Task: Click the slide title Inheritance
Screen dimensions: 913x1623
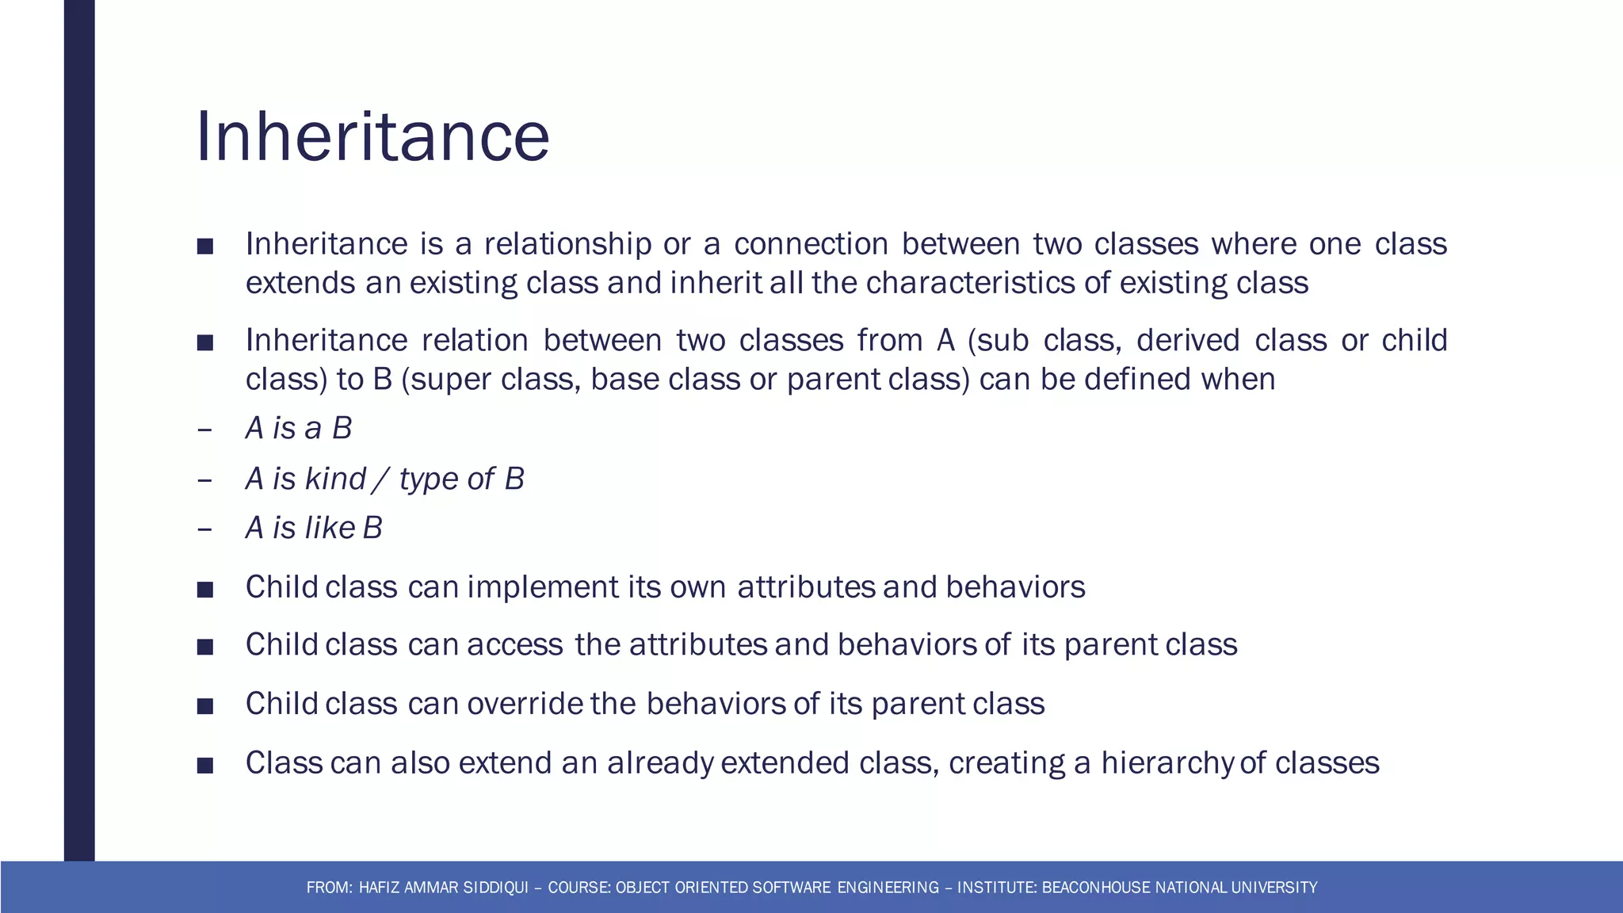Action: click(x=372, y=137)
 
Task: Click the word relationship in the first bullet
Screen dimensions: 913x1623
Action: click(x=568, y=244)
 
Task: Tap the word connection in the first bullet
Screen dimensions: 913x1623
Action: click(x=811, y=244)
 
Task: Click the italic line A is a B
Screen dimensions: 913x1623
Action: click(x=298, y=429)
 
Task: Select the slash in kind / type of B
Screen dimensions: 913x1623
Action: click(x=382, y=479)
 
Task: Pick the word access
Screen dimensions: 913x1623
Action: click(x=515, y=644)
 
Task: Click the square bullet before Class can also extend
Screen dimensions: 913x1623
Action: click(x=205, y=765)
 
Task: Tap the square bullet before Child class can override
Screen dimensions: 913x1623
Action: click(x=205, y=705)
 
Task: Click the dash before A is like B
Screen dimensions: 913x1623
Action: click(x=204, y=529)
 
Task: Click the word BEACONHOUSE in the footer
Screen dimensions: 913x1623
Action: click(x=1097, y=888)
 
